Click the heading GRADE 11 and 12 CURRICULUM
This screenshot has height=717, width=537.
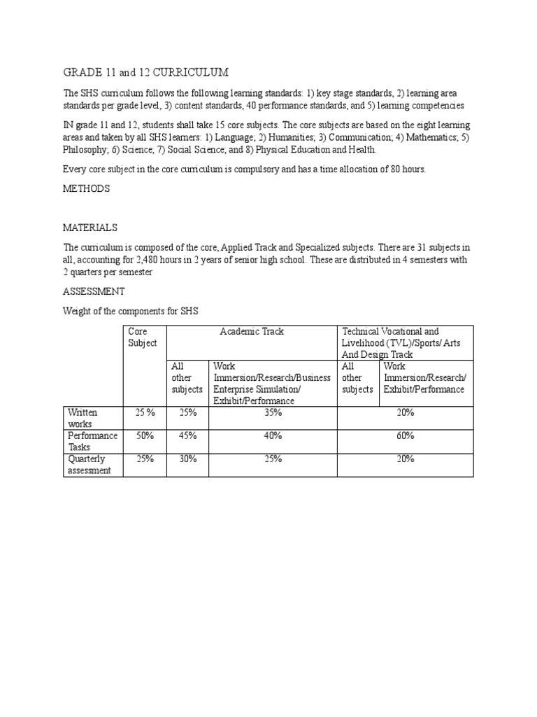pyautogui.click(x=145, y=73)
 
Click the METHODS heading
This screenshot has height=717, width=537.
pyautogui.click(x=87, y=189)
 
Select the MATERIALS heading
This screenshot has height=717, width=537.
pyautogui.click(x=90, y=228)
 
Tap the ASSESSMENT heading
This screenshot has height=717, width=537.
pyautogui.click(x=94, y=291)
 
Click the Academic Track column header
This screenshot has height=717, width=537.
pyautogui.click(x=252, y=331)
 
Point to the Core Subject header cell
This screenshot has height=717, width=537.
pyautogui.click(x=143, y=337)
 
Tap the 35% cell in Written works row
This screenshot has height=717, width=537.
pyautogui.click(x=273, y=413)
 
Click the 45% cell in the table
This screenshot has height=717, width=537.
pyautogui.click(x=187, y=436)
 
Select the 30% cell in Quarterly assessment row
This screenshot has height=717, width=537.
pyautogui.click(x=187, y=459)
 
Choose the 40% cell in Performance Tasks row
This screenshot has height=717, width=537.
pyautogui.click(x=273, y=436)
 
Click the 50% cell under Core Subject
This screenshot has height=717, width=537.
pyautogui.click(x=145, y=436)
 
